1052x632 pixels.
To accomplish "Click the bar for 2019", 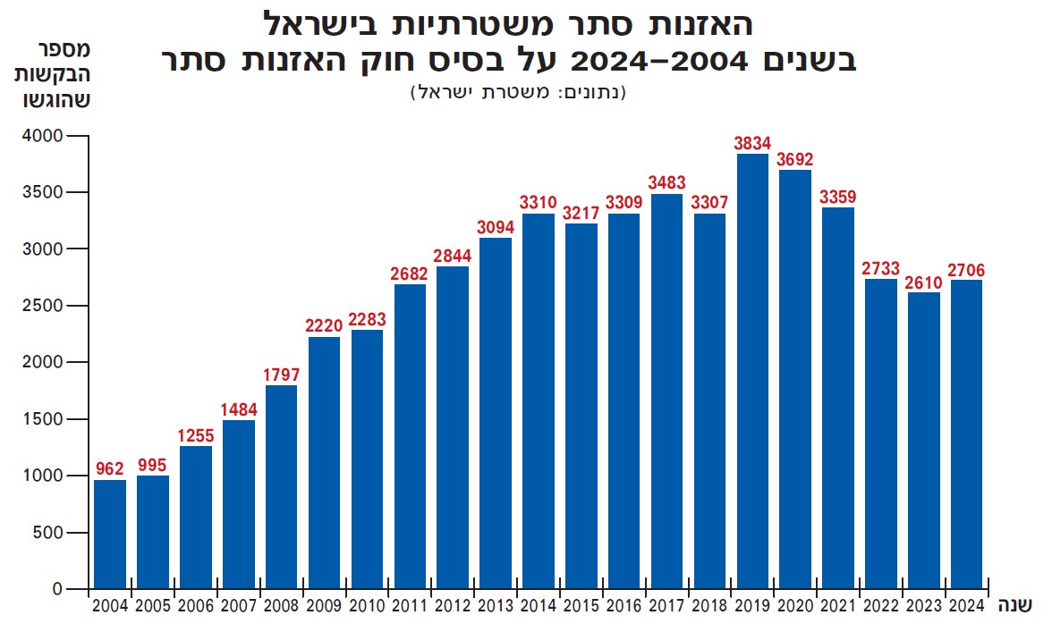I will tap(752, 371).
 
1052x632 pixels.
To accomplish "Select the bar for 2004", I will tap(110, 535).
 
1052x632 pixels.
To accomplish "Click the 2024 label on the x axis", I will tap(967, 606).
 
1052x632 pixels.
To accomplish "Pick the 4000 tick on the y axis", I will tap(42, 136).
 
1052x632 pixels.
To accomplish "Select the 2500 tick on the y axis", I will tap(42, 306).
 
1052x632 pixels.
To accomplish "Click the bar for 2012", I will tap(453, 427).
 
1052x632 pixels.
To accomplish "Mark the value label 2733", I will tap(881, 268).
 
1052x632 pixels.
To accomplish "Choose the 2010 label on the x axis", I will tap(367, 606).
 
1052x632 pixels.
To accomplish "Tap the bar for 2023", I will tap(924, 441).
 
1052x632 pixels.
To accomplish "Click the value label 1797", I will tap(281, 375).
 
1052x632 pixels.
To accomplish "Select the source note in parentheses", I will tap(518, 91).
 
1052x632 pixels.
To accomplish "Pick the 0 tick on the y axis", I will tap(55, 589).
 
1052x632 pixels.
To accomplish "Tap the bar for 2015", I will tap(581, 406).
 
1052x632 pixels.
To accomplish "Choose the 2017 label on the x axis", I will tap(666, 606).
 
